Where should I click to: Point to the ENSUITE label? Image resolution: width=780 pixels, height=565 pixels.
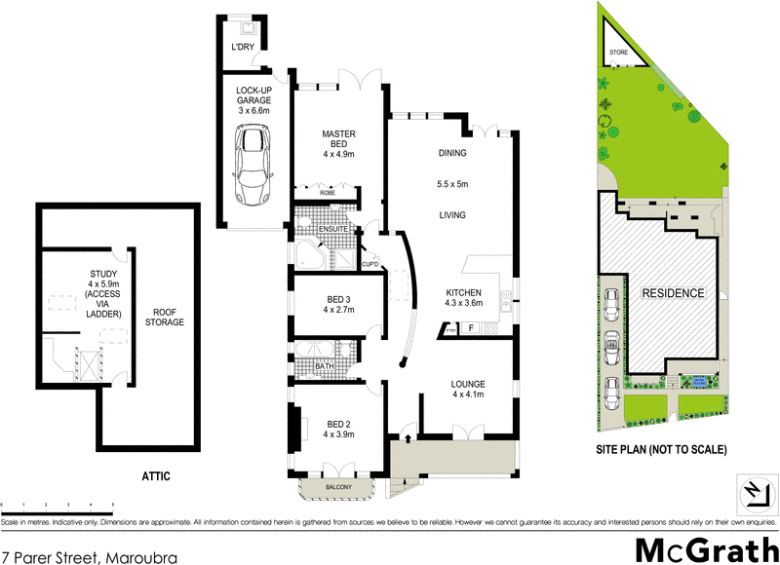pyautogui.click(x=319, y=230)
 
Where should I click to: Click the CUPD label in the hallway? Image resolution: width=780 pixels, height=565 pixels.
pyautogui.click(x=370, y=264)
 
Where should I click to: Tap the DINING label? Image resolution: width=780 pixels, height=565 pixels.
pyautogui.click(x=452, y=153)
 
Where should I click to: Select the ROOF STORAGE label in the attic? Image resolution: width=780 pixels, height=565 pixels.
pyautogui.click(x=163, y=317)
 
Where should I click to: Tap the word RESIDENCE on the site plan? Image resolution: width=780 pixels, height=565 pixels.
pyautogui.click(x=672, y=292)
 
